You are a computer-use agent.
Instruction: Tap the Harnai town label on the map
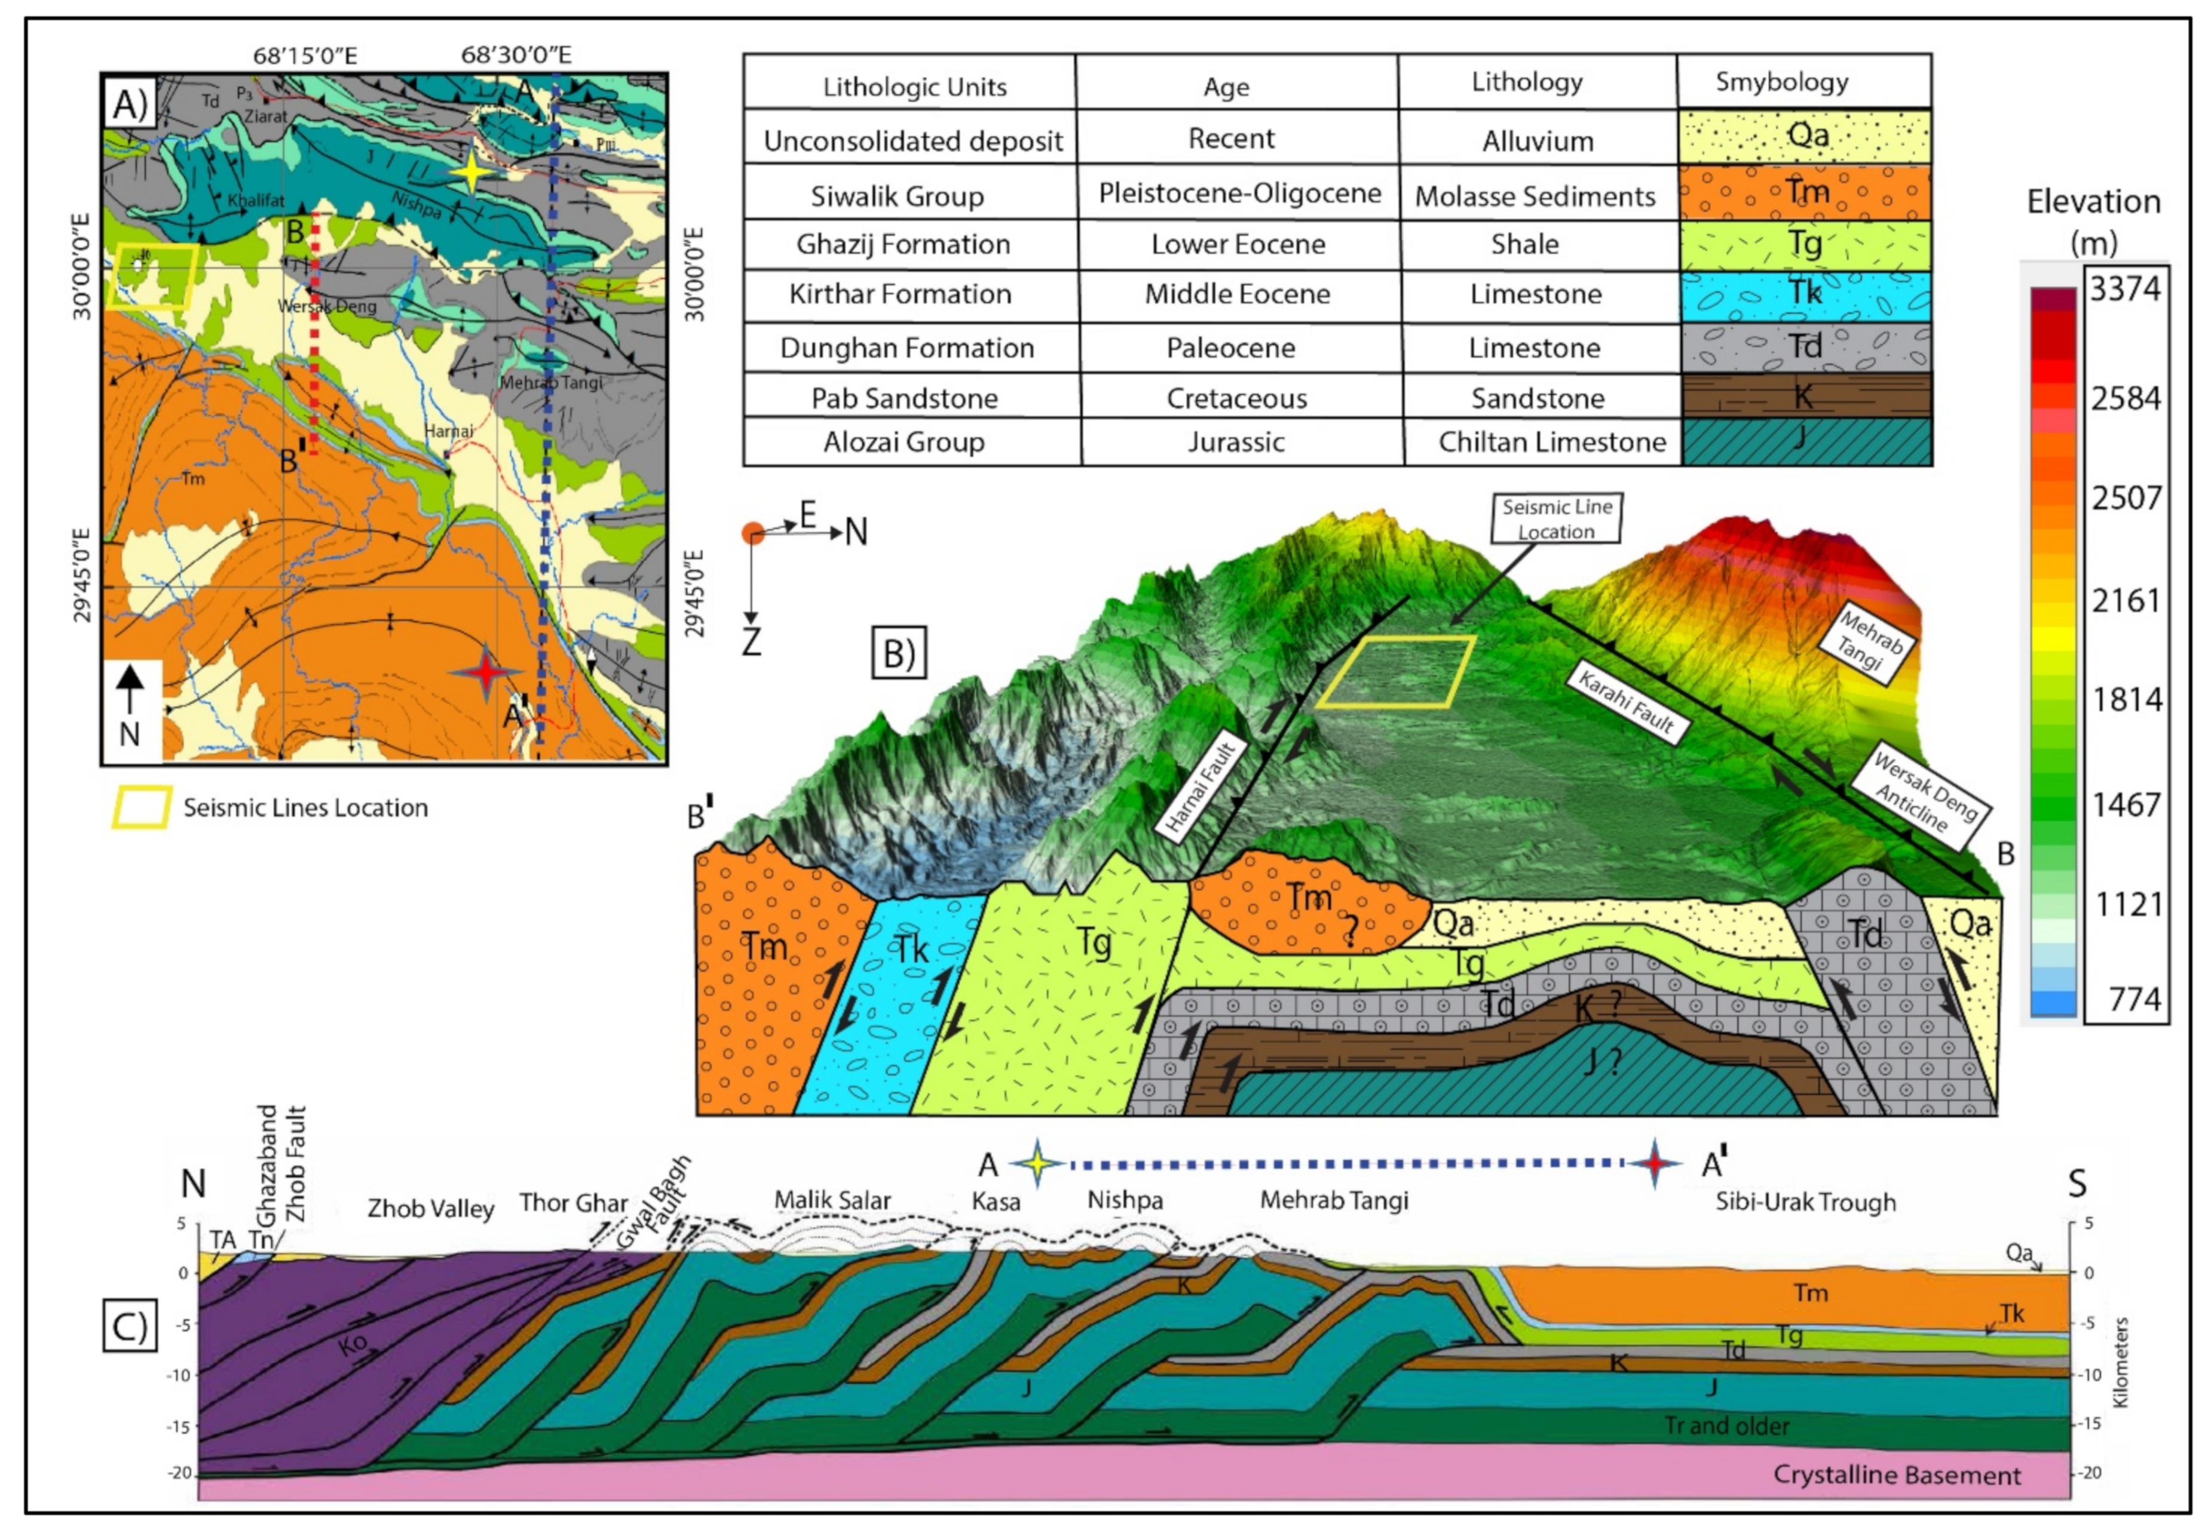tap(449, 431)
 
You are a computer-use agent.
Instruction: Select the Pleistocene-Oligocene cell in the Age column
tap(1239, 193)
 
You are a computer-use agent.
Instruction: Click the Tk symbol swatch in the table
tap(1805, 294)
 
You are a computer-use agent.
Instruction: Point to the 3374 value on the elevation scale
tap(2124, 288)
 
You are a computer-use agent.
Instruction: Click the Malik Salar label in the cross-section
tap(832, 1200)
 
